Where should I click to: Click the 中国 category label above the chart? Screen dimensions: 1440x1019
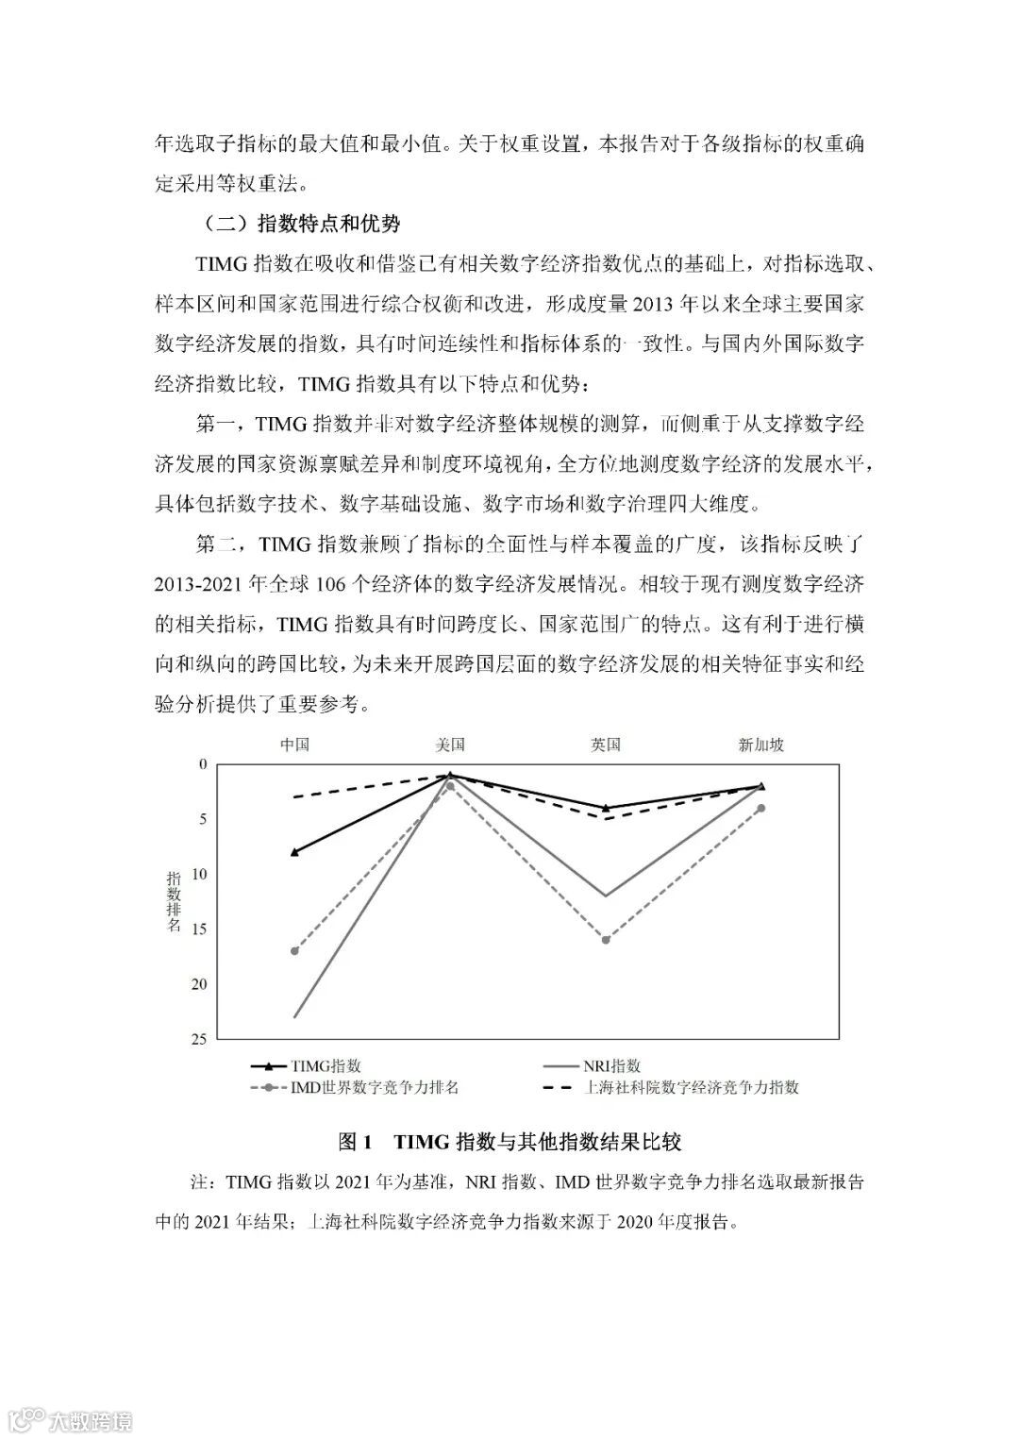click(x=295, y=745)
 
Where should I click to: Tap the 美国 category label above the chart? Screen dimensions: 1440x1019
click(x=450, y=745)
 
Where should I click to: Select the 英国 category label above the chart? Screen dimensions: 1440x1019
click(x=606, y=745)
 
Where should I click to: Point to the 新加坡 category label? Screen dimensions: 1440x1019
click(x=761, y=745)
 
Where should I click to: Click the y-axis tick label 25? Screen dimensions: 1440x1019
click(x=198, y=1039)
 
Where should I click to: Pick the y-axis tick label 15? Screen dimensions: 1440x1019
click(x=198, y=929)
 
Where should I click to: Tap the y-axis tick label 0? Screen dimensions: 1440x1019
click(x=202, y=763)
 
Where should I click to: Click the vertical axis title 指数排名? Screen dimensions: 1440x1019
click(x=174, y=900)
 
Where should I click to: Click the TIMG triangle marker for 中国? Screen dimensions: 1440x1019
click(x=295, y=852)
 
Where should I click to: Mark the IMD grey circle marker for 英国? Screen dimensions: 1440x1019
click(x=606, y=940)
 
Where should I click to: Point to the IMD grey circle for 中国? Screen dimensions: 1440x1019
click(x=295, y=950)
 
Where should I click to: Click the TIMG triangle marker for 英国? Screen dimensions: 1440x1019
click(x=606, y=808)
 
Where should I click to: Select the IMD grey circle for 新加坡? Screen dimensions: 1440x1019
click(x=761, y=808)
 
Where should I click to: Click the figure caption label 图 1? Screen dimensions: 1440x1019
click(x=358, y=1142)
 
